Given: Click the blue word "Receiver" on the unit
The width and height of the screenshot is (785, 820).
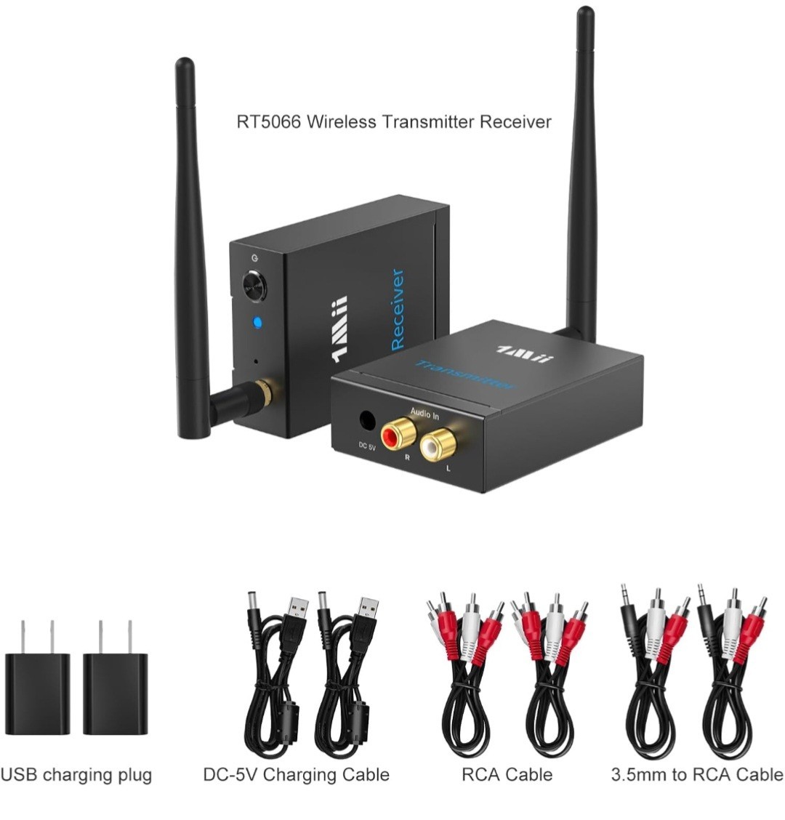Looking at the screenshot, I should (x=398, y=309).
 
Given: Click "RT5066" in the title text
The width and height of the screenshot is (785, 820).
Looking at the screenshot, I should (x=267, y=122).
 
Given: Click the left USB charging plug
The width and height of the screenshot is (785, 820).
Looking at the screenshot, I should (x=38, y=692).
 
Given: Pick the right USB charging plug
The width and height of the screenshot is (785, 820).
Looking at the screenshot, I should (x=115, y=692).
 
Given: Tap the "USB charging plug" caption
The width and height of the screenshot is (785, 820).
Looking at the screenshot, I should (x=76, y=775).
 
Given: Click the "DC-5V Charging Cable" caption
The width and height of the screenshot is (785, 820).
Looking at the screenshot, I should (x=297, y=775).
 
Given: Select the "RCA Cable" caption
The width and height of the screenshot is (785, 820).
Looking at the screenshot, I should (x=507, y=775).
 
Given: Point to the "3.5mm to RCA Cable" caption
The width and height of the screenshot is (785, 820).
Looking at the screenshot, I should (x=697, y=775).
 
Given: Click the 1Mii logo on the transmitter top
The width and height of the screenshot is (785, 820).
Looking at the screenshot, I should (x=525, y=352).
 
